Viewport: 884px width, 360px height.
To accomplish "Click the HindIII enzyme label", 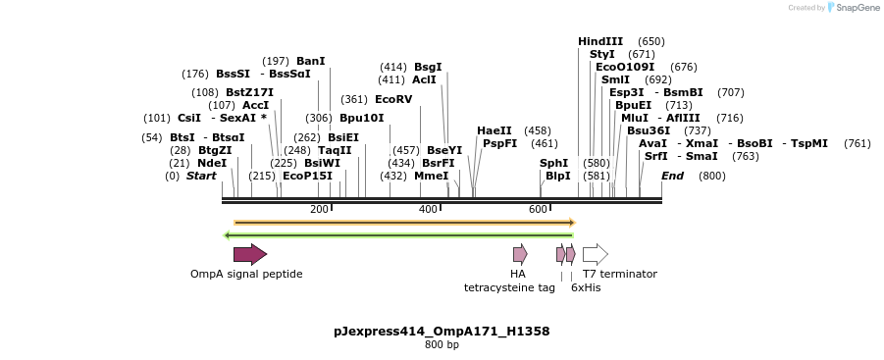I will click(x=600, y=41).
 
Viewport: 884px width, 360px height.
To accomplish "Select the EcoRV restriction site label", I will click(x=393, y=99).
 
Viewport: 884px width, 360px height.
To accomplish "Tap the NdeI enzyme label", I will click(x=212, y=163).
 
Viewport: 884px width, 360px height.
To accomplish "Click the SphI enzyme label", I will click(x=553, y=163).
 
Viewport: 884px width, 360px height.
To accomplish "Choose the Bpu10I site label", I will click(x=362, y=118).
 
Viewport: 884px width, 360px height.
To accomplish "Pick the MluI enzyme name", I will click(x=634, y=118).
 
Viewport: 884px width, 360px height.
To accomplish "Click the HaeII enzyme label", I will click(x=494, y=130).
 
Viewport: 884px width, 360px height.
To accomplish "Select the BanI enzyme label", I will click(x=310, y=61).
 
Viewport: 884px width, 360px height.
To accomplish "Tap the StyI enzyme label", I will click(x=602, y=54).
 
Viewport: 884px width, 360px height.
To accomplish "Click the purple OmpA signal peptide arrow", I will click(x=250, y=255).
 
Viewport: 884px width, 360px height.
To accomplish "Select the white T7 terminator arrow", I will click(x=596, y=255).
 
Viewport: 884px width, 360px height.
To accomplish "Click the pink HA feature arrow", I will click(x=520, y=255).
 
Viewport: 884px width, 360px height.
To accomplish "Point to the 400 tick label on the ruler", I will click(x=429, y=209).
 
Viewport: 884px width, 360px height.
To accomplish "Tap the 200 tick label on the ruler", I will click(x=319, y=209).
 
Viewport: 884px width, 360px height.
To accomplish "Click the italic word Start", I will click(x=201, y=176).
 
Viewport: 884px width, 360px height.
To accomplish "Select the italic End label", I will click(x=672, y=176).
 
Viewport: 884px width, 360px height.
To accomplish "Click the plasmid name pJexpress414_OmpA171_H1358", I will click(x=442, y=332).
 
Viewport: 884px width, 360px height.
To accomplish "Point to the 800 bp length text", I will click(x=442, y=345).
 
